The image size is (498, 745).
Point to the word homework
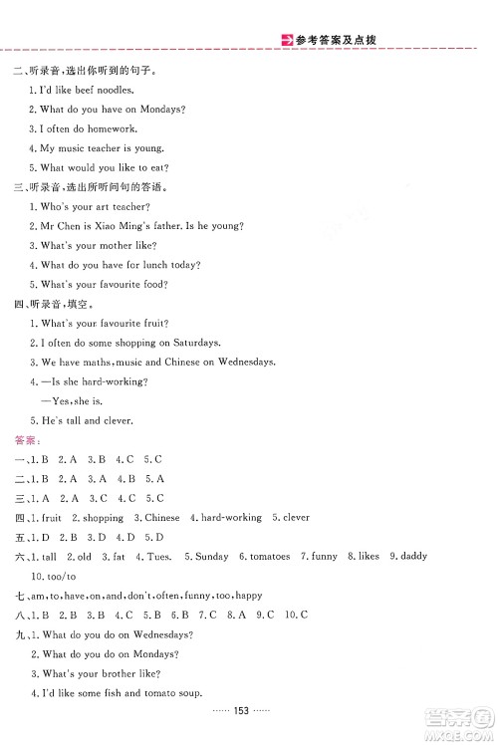click(x=114, y=128)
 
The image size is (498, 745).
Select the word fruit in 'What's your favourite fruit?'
click(x=153, y=323)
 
